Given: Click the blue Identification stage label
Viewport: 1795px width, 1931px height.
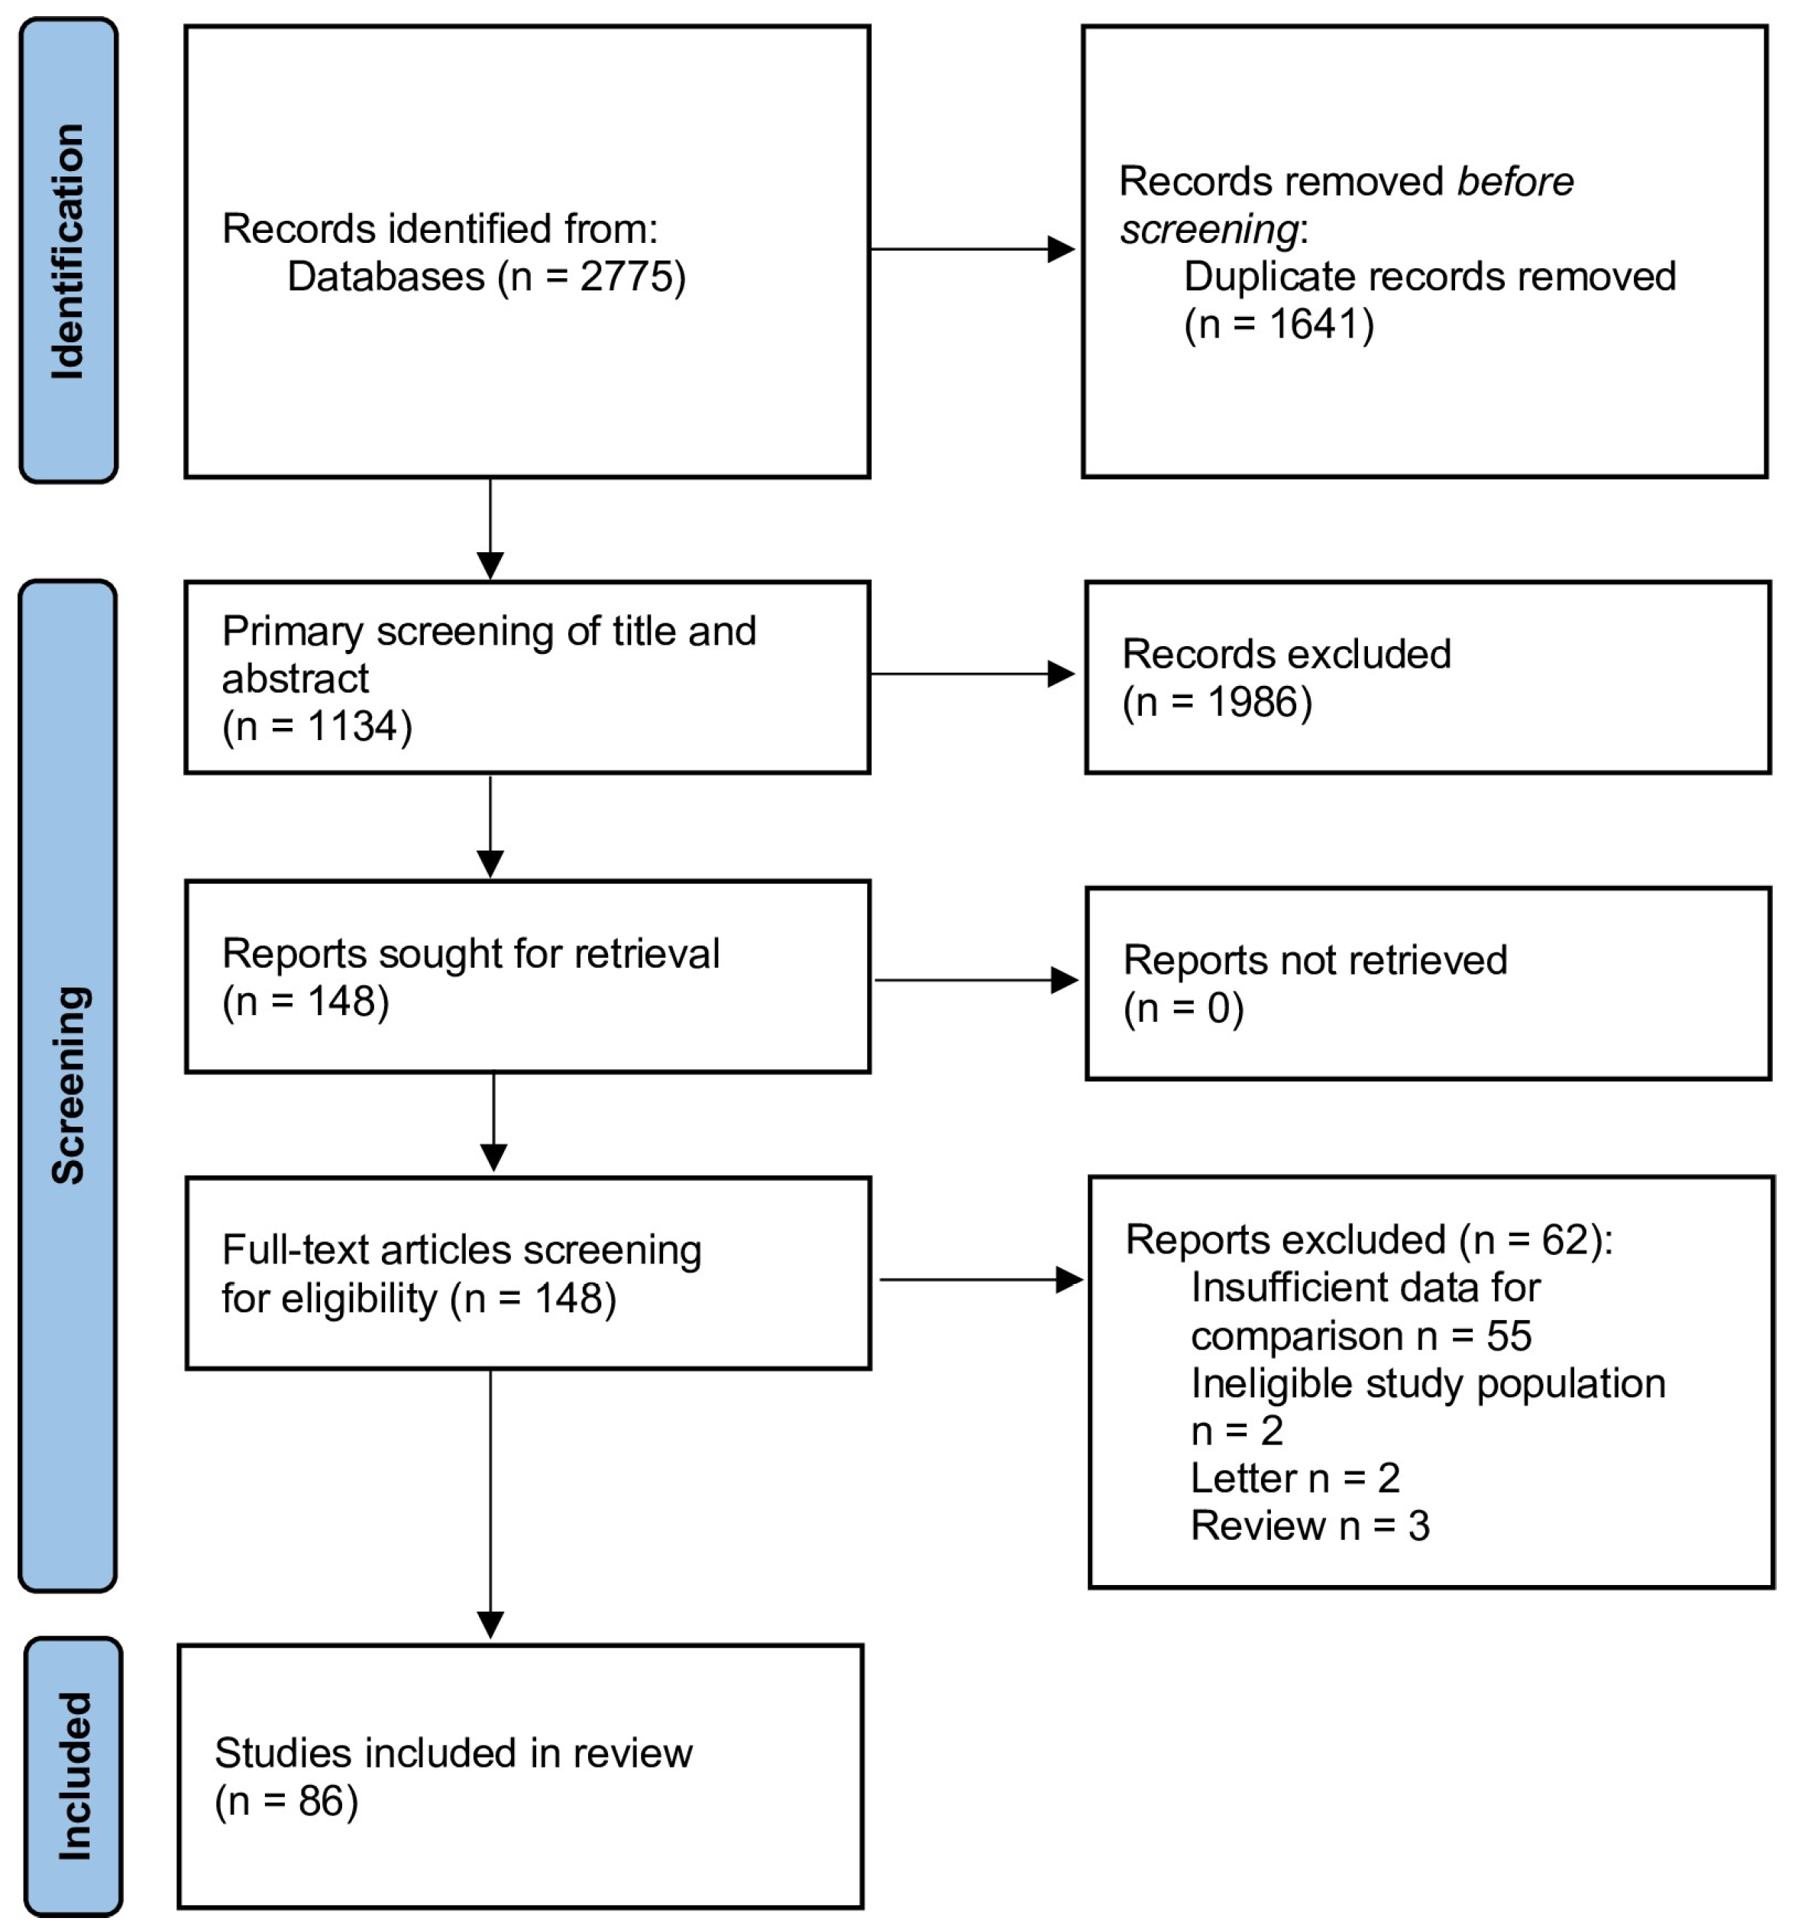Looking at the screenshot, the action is tap(68, 251).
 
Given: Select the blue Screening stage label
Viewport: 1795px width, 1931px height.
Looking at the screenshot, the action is tap(68, 1086).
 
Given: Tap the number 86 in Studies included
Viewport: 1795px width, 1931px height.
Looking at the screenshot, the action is tap(322, 1802).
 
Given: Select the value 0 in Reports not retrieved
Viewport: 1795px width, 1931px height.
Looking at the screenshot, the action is tap(1218, 1008).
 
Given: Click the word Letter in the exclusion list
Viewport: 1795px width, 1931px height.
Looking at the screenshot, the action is tap(1244, 1478).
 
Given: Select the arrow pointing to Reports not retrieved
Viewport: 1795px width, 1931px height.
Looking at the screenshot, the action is tap(977, 980).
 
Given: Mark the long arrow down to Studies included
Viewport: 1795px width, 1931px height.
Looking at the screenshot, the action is tap(490, 1503).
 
